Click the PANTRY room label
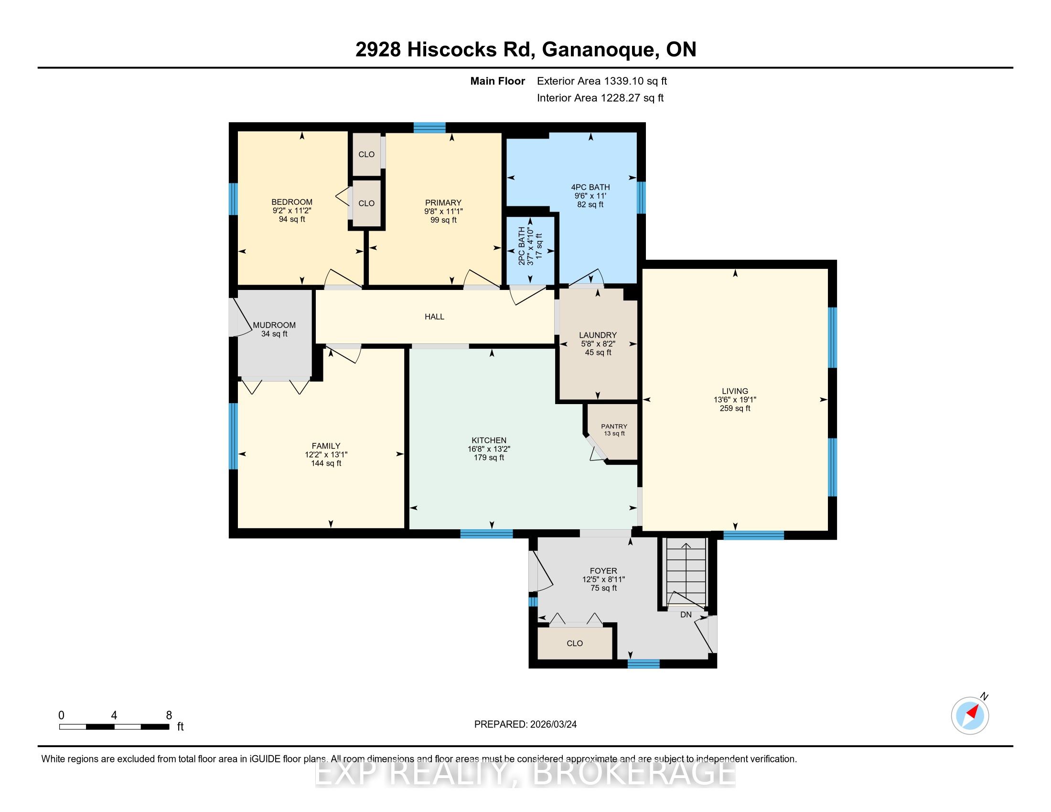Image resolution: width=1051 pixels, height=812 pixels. pos(614,426)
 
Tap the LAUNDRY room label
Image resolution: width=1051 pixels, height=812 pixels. pos(598,335)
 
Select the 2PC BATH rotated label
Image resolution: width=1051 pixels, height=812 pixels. pos(522,247)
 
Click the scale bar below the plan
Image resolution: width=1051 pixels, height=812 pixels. pos(114,727)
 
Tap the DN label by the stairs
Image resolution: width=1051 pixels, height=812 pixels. pos(686,615)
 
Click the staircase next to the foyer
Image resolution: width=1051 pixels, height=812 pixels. pos(685,572)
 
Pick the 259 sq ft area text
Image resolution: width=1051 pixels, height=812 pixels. pos(735,408)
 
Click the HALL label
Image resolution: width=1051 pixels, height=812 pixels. pos(434,317)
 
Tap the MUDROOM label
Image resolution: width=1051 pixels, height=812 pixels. pos(274,325)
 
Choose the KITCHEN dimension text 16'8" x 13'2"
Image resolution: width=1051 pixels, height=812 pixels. pos(489,449)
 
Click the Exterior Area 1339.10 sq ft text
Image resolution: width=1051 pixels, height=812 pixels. pos(602,81)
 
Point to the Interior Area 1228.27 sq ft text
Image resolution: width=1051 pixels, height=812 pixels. pos(600,97)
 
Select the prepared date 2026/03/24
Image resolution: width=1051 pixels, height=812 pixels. pos(552,725)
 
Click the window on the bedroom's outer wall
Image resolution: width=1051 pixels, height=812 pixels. pos(233,199)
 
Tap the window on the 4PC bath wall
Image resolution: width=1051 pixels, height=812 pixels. pos(641,197)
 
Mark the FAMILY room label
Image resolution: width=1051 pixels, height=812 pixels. pos(326,446)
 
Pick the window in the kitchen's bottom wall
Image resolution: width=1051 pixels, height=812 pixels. pos(486,533)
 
